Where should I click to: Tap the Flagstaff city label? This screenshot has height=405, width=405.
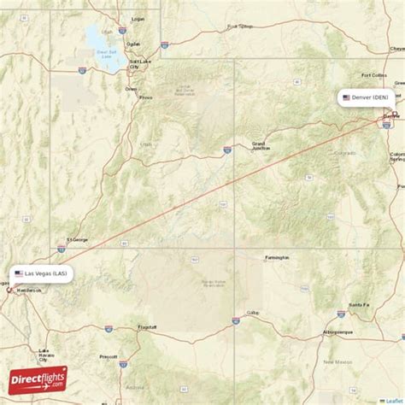(x=147, y=327)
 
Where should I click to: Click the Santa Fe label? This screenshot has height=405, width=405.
(x=359, y=304)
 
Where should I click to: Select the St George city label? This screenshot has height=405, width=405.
(x=78, y=240)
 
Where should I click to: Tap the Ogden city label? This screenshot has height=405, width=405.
(x=132, y=44)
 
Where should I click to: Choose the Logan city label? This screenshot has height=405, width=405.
(x=138, y=18)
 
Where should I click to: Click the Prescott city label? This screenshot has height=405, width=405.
(x=109, y=356)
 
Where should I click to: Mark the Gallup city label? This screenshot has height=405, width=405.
(x=252, y=313)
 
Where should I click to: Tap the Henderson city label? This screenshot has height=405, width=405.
(x=26, y=291)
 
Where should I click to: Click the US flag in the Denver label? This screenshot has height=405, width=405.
(x=346, y=97)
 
